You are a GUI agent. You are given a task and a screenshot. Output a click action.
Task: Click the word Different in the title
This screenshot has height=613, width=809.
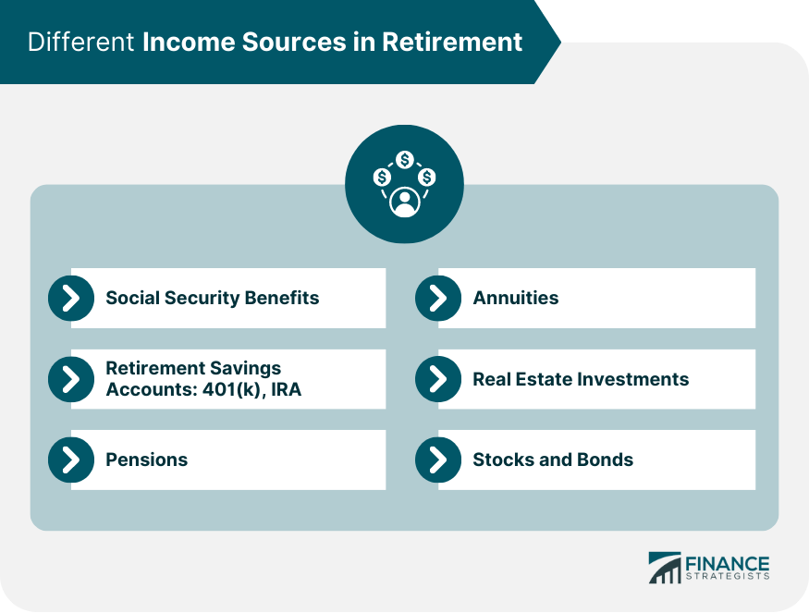tap(81, 43)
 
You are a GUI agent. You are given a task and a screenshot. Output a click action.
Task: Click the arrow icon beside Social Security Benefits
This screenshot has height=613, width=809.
tap(71, 298)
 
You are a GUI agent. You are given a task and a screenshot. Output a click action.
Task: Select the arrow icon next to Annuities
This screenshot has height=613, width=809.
tap(438, 298)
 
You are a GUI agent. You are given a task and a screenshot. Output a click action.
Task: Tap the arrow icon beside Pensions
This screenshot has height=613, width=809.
tap(71, 460)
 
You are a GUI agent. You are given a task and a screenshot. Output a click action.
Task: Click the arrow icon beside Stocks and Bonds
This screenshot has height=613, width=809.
tap(438, 460)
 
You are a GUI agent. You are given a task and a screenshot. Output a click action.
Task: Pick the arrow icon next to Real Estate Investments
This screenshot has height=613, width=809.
tap(438, 379)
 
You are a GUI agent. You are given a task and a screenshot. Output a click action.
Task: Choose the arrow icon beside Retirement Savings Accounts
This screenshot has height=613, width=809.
tap(71, 379)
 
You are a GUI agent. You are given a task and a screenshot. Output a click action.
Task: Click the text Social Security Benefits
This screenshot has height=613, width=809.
tap(212, 298)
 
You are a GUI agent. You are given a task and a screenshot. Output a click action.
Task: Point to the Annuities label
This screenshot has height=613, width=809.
tap(516, 298)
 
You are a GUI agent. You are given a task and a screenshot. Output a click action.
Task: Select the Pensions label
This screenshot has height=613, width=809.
tap(146, 460)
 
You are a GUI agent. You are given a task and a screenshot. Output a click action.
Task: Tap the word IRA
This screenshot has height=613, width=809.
tap(284, 390)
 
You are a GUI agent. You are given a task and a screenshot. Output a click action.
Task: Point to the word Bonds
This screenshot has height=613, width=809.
tap(606, 460)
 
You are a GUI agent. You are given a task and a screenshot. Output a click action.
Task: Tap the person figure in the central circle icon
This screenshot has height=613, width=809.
tap(404, 201)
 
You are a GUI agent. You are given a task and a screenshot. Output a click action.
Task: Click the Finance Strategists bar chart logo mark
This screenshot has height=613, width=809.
tap(664, 568)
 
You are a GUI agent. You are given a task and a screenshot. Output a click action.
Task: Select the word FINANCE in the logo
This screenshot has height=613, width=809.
tap(727, 563)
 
